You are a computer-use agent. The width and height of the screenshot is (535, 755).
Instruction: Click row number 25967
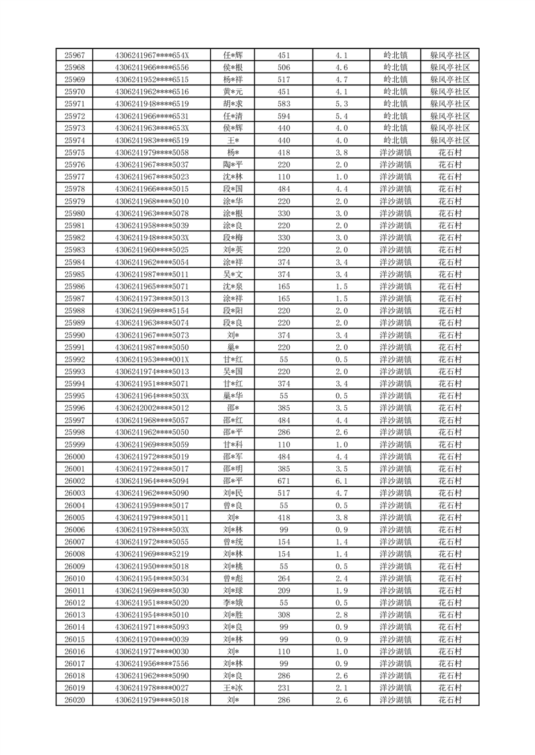click(74, 55)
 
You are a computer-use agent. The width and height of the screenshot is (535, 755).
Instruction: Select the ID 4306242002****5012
click(152, 408)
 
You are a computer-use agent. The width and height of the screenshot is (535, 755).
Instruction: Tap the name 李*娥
click(233, 603)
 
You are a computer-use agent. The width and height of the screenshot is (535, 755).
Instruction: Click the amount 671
click(284, 481)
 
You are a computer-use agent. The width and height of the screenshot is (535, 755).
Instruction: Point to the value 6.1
click(341, 481)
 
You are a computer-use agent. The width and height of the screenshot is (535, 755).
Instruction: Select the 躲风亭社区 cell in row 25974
click(449, 141)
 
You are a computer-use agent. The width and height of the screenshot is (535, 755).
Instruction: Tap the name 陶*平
click(233, 165)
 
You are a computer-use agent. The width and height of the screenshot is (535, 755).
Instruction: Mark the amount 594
click(284, 116)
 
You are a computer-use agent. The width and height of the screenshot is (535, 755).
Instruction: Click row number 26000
click(74, 456)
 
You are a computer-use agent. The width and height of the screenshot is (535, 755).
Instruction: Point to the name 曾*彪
click(233, 579)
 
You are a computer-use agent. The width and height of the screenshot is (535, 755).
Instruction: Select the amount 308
click(284, 615)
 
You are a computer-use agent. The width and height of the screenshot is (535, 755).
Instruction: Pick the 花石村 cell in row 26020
click(449, 700)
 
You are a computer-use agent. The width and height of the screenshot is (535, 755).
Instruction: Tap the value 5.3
click(341, 104)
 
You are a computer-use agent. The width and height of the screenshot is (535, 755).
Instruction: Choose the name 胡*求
click(233, 104)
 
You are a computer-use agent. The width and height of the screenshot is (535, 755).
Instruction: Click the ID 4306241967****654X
click(152, 55)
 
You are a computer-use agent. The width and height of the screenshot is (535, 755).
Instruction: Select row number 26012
click(74, 603)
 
